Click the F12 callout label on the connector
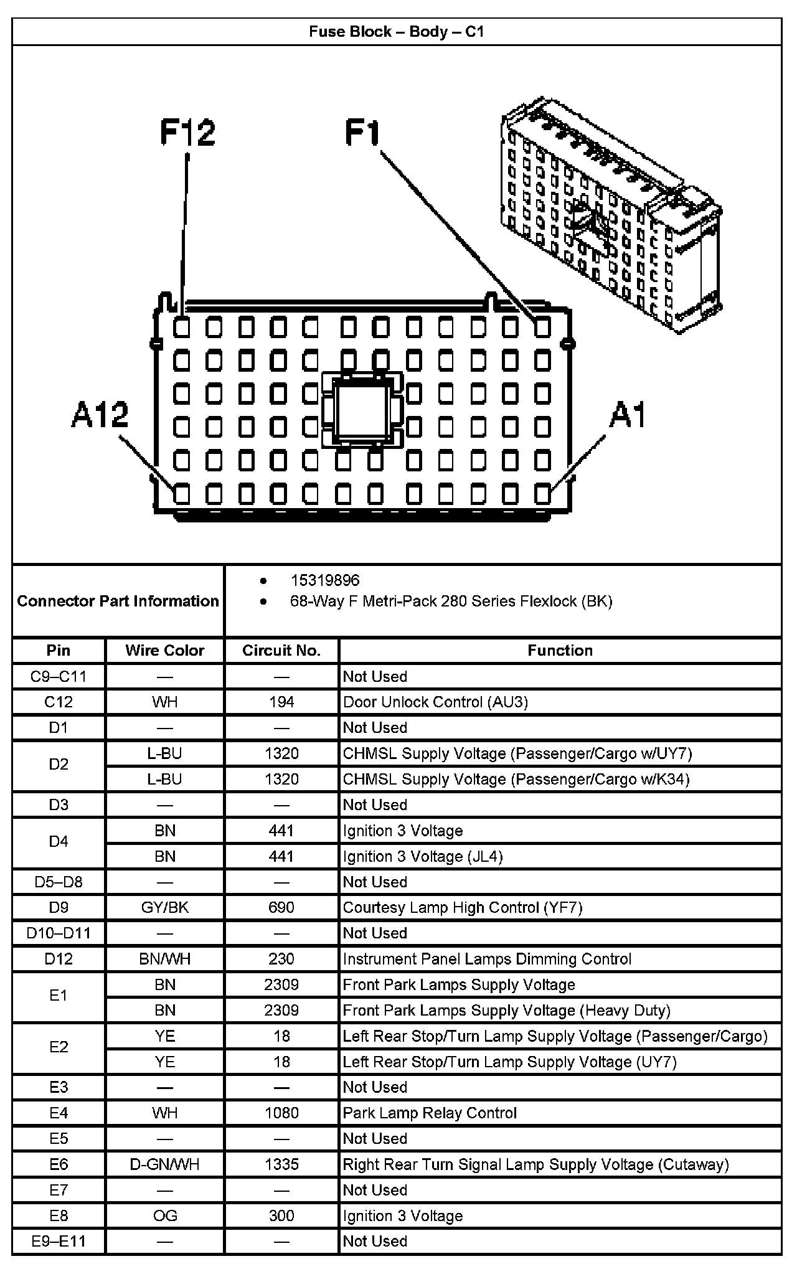pos(187,133)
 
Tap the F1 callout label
pos(362,133)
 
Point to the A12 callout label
pos(100,415)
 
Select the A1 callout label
pos(628,415)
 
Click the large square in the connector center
pos(360,410)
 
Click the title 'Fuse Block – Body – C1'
pos(397,32)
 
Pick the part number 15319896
pos(325,580)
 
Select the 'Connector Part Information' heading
pos(118,601)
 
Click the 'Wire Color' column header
pos(164,651)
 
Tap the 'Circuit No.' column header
pos(281,651)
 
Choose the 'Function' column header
pos(560,651)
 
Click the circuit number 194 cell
pos(281,702)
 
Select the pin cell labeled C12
pos(59,702)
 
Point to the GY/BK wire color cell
pos(164,907)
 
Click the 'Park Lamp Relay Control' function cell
pos(430,1113)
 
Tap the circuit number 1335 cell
pos(281,1164)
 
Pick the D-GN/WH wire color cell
pos(164,1164)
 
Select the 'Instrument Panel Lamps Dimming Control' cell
pos(487,959)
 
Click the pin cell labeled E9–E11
pos(59,1241)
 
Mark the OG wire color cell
pos(164,1215)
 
